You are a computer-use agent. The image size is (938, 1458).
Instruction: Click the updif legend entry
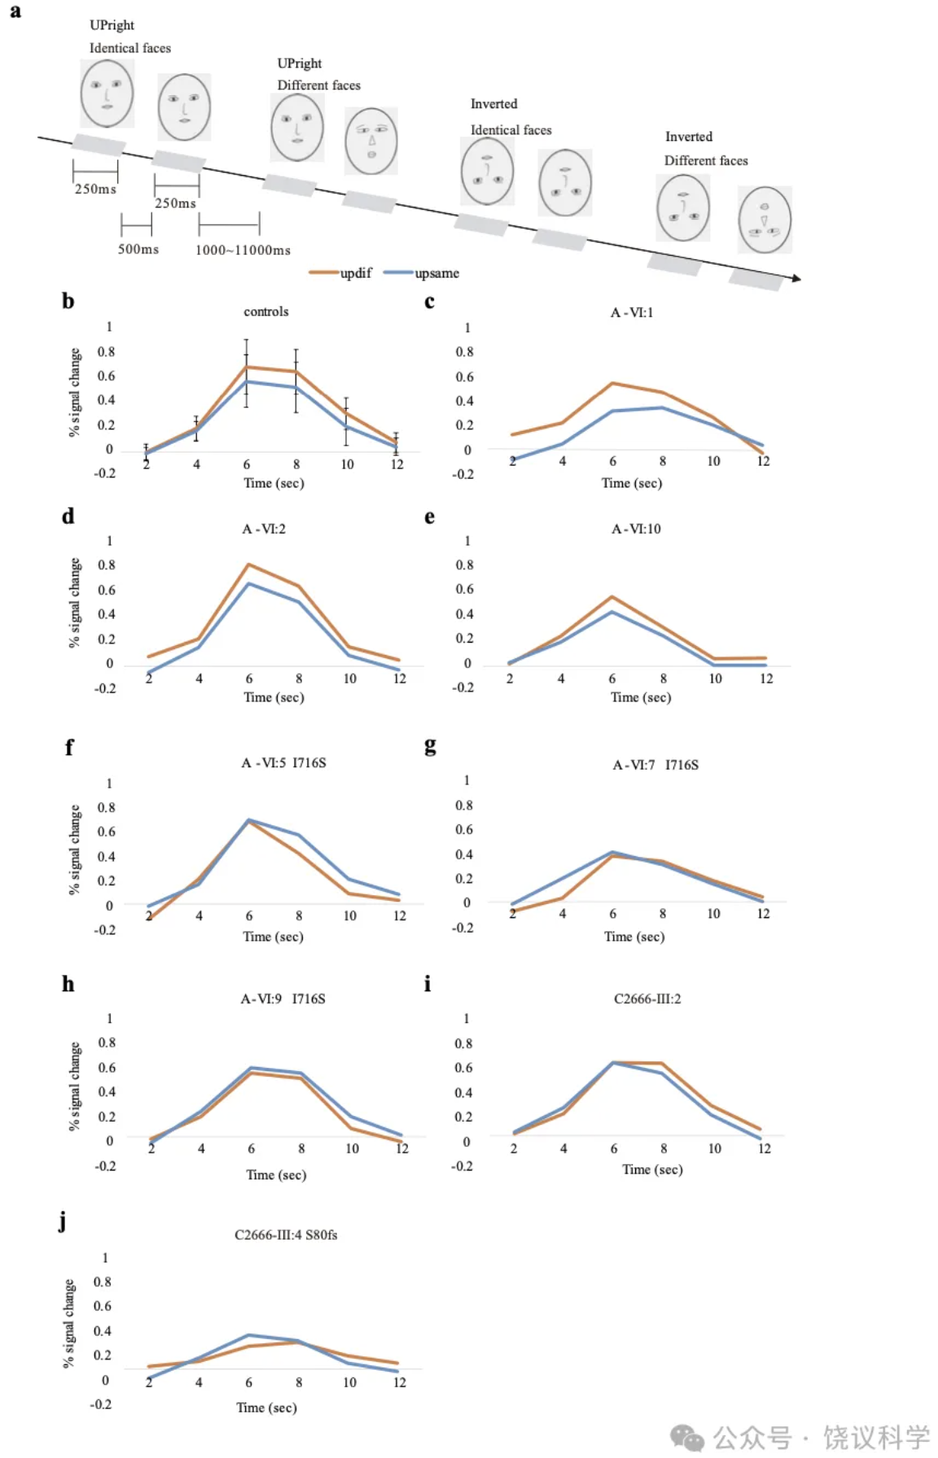tap(341, 274)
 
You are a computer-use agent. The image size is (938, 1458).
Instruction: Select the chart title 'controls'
tap(266, 312)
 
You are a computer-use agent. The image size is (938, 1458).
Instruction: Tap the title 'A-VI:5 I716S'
tap(283, 763)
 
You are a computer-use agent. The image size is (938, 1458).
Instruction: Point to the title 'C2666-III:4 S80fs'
tap(286, 1235)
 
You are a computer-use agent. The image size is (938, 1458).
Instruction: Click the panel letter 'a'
tap(15, 11)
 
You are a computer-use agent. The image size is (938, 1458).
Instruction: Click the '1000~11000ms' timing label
tap(243, 250)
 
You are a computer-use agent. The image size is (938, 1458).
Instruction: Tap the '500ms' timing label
tap(138, 249)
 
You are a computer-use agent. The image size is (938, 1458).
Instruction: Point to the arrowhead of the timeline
tap(796, 279)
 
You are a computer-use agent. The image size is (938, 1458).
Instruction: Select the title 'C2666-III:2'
tap(647, 999)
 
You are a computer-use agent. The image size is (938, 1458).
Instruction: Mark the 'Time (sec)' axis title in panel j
tap(266, 1407)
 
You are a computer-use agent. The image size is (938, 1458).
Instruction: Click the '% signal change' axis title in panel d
tap(75, 603)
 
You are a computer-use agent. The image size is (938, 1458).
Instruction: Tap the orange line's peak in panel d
tap(248, 564)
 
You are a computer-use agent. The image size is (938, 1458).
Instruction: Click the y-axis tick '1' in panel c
tap(467, 328)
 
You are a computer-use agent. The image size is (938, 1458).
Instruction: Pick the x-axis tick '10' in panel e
tap(715, 678)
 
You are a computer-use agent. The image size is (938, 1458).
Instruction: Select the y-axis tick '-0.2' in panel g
tap(462, 928)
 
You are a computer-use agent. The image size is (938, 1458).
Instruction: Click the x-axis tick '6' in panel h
tap(251, 1148)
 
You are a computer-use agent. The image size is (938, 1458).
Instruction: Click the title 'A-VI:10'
tap(636, 529)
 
